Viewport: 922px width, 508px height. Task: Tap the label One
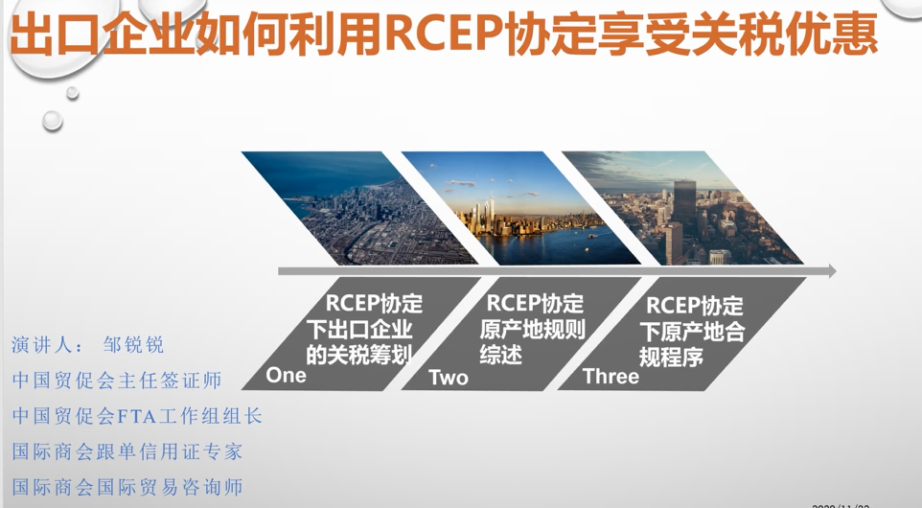pos(286,375)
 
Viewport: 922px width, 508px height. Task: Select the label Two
pos(449,377)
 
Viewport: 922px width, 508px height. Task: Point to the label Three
pos(611,377)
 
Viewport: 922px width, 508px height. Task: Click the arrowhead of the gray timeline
pos(832,271)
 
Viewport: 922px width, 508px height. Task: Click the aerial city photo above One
pos(359,208)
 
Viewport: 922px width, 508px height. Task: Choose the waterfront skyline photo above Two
pos(521,208)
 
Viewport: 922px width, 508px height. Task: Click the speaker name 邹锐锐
pos(133,344)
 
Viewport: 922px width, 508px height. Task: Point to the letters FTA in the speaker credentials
pos(137,417)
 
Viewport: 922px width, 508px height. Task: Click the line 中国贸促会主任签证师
pos(117,381)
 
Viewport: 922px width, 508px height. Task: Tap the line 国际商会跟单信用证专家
pos(127,451)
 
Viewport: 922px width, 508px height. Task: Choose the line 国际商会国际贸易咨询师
pos(127,487)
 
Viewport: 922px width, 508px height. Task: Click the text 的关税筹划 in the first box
pos(358,355)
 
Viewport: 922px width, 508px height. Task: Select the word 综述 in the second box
pos(500,355)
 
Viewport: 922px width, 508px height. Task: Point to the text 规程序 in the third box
pos(671,357)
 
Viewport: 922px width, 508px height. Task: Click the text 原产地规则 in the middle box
pos(532,330)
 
